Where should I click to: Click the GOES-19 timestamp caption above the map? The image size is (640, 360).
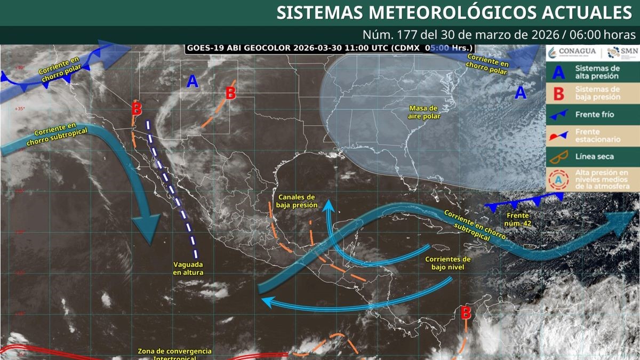(x=329, y=48)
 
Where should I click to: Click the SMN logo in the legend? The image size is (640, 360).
(x=620, y=52)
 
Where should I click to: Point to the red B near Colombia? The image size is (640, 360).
(x=466, y=312)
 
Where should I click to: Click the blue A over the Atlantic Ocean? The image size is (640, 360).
(x=521, y=93)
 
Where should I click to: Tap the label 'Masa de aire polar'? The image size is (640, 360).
(x=423, y=112)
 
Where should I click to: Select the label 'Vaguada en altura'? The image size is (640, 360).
(x=188, y=268)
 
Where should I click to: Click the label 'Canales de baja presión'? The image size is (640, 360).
(x=297, y=201)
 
